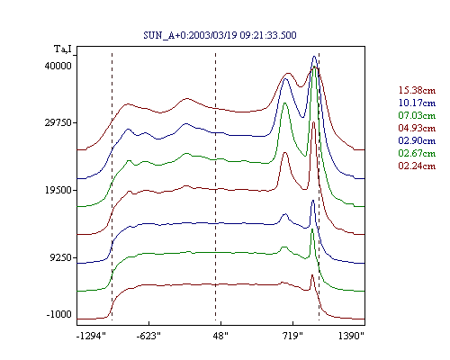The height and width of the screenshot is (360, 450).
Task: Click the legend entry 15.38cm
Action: pos(417,90)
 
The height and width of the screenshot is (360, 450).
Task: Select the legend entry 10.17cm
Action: pos(417,103)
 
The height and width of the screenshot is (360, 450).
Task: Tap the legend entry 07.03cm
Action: pos(417,115)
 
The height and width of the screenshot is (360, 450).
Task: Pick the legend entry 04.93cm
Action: pos(417,128)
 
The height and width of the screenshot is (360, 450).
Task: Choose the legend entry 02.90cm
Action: pos(417,140)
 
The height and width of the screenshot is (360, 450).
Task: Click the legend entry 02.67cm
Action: pos(417,153)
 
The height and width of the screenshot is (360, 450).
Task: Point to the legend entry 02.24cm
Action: pos(417,166)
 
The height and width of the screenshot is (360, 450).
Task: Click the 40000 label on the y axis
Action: pos(58,66)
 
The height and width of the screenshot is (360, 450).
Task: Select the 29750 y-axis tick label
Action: pos(58,122)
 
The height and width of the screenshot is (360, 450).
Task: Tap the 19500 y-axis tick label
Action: pos(58,190)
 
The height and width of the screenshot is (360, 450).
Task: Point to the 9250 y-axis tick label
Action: pos(61,257)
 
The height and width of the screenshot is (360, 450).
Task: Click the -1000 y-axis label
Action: pos(59,314)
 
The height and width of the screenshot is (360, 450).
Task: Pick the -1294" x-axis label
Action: pos(91,336)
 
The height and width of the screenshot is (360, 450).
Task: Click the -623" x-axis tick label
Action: pos(148,336)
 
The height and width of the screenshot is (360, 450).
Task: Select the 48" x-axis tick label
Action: pos(220,336)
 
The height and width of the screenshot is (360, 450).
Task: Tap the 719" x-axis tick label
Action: pos(292,336)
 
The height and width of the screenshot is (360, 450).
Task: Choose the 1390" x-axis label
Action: pos(351,336)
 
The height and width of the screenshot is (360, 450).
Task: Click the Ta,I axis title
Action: pos(63,49)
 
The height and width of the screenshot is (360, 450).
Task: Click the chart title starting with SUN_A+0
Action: pos(220,35)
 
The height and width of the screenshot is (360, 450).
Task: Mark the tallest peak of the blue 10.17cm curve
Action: pos(314,56)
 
